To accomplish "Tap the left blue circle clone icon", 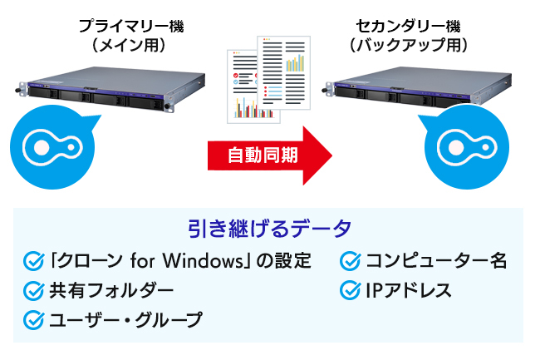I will pyautogui.click(x=51, y=146).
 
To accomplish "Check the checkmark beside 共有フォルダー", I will pyautogui.click(x=34, y=290).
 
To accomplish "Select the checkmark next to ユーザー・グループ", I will pyautogui.click(x=34, y=318).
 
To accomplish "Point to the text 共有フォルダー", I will pyautogui.click(x=111, y=290).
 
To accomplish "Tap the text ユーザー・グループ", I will pyautogui.click(x=125, y=318).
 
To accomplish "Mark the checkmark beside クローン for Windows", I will pyautogui.click(x=34, y=262).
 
